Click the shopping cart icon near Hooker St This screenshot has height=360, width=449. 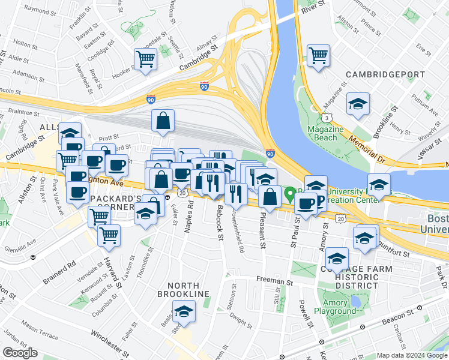pyautogui.click(x=145, y=59)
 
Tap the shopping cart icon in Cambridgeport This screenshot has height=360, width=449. pyautogui.click(x=318, y=55)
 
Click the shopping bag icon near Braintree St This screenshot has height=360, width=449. pyautogui.click(x=163, y=120)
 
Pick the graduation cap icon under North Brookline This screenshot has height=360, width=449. pyautogui.click(x=184, y=311)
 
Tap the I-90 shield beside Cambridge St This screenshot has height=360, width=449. pyautogui.click(x=205, y=86)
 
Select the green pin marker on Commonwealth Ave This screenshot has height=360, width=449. pyautogui.click(x=289, y=194)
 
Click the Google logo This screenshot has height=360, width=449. pyautogui.click(x=20, y=353)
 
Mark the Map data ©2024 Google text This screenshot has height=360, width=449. pyautogui.click(x=412, y=355)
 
